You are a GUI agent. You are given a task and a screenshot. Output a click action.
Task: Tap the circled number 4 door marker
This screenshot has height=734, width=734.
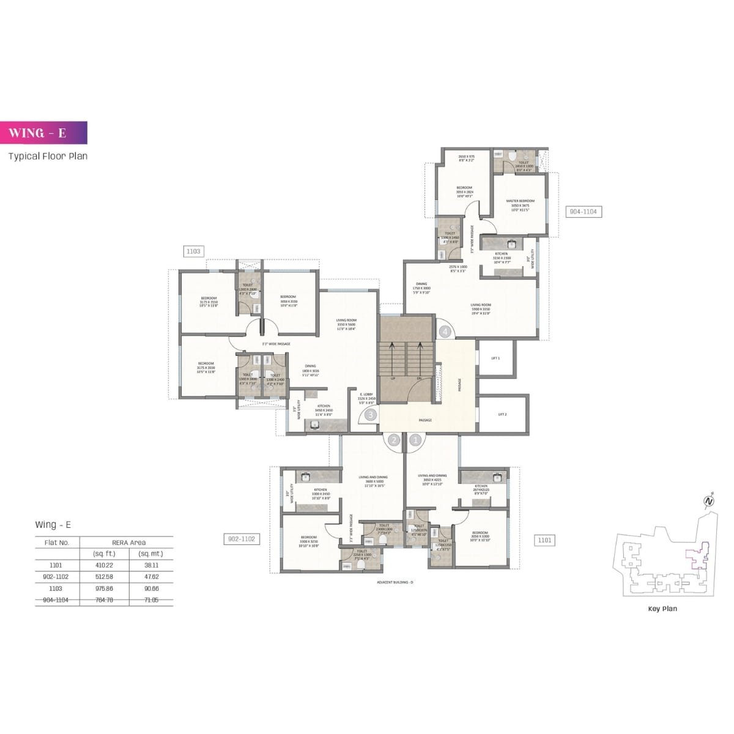pyautogui.click(x=445, y=332)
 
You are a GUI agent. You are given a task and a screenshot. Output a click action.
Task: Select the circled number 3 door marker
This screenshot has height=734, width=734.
pyautogui.click(x=370, y=415)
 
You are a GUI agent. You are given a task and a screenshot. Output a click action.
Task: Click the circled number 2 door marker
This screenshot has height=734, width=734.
pyautogui.click(x=394, y=439)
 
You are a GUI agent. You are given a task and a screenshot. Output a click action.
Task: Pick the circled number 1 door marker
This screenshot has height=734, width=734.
pyautogui.click(x=416, y=439)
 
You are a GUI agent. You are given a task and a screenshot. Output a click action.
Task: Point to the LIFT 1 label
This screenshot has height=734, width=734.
pyautogui.click(x=495, y=358)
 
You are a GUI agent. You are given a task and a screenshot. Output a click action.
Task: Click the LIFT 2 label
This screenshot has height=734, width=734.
pyautogui.click(x=502, y=414)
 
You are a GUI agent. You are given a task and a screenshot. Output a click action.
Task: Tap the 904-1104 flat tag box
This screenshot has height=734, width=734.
pyautogui.click(x=583, y=212)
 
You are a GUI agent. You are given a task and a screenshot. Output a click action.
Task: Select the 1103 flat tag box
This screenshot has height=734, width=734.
pyautogui.click(x=193, y=251)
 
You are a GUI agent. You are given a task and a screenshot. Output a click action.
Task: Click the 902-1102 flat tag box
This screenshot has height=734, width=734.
pyautogui.click(x=241, y=539)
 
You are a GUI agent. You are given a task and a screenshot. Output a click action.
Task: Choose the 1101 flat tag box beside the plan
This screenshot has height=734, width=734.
pyautogui.click(x=544, y=539)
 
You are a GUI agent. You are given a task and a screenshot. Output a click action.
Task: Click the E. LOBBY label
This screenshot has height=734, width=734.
pyautogui.click(x=366, y=395)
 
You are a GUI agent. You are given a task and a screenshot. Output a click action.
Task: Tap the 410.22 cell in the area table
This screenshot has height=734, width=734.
pyautogui.click(x=105, y=565)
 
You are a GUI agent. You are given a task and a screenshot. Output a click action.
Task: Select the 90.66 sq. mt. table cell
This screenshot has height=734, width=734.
pyautogui.click(x=150, y=588)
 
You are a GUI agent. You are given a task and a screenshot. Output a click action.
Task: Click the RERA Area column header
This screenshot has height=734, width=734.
pyautogui.click(x=128, y=542)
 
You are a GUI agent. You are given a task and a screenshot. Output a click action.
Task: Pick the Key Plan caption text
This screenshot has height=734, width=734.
pyautogui.click(x=662, y=609)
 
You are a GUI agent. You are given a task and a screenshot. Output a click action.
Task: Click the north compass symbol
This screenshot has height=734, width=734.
pyautogui.click(x=709, y=500)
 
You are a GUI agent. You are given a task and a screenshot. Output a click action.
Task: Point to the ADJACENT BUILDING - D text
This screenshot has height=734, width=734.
pyautogui.click(x=395, y=582)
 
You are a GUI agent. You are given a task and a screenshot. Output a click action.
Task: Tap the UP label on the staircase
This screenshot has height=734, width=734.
pyautogui.click(x=393, y=379)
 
